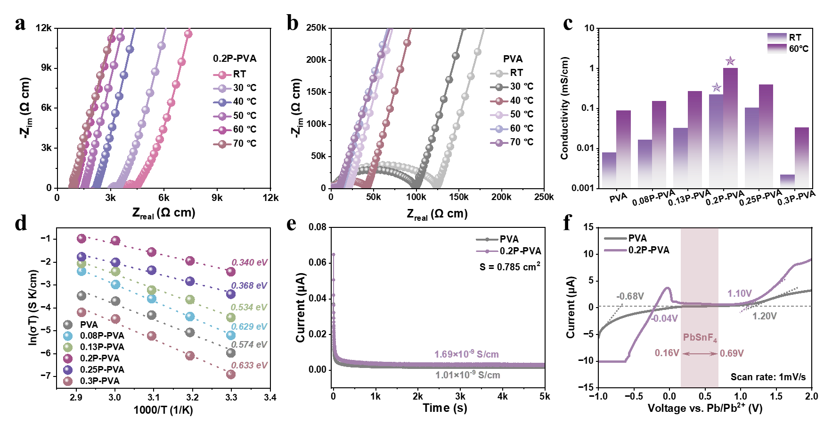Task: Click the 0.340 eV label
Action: click(x=249, y=262)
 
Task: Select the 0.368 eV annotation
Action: click(x=249, y=285)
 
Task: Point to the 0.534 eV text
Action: click(x=249, y=307)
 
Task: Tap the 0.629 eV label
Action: click(x=249, y=326)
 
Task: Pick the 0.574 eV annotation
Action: click(x=249, y=344)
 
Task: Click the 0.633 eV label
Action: click(x=249, y=365)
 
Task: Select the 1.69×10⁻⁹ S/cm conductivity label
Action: click(x=466, y=354)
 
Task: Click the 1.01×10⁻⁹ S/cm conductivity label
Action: click(x=467, y=375)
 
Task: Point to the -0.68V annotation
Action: click(x=630, y=296)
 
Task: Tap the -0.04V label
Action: click(x=664, y=318)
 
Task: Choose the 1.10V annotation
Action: click(x=740, y=293)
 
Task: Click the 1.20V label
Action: click(x=764, y=316)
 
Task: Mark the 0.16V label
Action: click(x=667, y=353)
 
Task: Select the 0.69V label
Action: click(x=732, y=353)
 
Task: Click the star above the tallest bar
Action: click(x=730, y=61)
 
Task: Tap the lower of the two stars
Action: click(x=717, y=87)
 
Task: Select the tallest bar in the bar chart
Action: click(x=730, y=127)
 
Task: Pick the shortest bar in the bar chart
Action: click(x=787, y=181)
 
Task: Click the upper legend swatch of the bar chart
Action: click(x=777, y=37)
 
